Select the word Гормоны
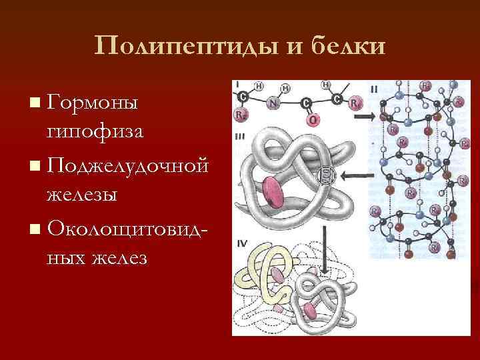pos(93,103)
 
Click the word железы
pos(82,194)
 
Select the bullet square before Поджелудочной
pos(34,165)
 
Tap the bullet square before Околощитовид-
pos(34,229)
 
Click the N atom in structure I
pos(273,103)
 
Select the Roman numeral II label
pos(374,88)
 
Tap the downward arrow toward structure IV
pos(325,243)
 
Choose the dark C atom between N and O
pos(306,103)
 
